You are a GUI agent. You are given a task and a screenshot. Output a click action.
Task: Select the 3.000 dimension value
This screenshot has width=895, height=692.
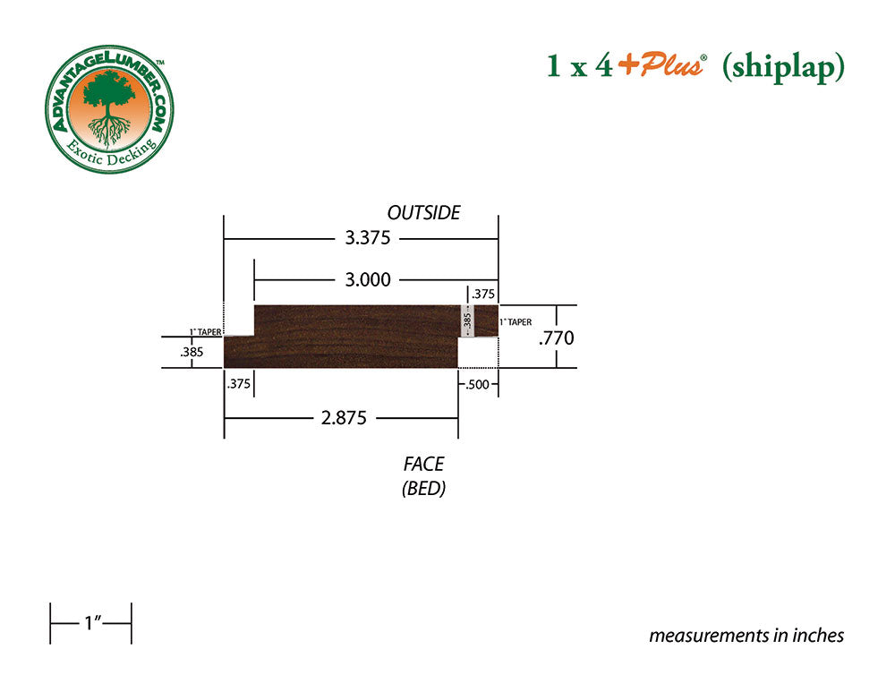368,279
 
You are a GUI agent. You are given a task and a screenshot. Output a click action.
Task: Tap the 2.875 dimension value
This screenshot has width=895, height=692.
344,418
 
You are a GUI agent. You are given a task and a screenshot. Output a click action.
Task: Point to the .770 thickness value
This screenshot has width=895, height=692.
556,337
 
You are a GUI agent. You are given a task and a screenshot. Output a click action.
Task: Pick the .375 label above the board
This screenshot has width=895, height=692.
483,294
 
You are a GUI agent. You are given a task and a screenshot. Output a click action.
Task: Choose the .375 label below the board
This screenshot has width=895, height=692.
239,383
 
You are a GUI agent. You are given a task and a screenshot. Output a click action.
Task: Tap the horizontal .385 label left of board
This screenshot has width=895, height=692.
192,352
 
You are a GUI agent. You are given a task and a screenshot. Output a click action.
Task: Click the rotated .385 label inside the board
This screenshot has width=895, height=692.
465,320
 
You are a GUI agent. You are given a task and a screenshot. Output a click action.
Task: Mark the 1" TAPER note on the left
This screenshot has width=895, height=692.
205,331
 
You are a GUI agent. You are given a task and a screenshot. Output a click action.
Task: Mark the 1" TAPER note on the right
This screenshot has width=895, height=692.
516,321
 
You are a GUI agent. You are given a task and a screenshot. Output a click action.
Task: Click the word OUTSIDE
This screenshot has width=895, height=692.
423,213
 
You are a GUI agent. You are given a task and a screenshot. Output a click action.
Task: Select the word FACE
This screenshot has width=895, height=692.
423,464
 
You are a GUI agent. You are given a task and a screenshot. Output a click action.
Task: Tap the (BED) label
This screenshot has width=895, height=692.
423,490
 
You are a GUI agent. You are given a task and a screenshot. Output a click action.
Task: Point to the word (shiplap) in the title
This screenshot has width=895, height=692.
783,67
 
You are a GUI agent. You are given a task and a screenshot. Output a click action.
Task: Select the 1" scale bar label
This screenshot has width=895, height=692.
90,623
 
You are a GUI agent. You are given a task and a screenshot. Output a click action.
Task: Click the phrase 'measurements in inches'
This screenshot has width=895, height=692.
746,636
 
